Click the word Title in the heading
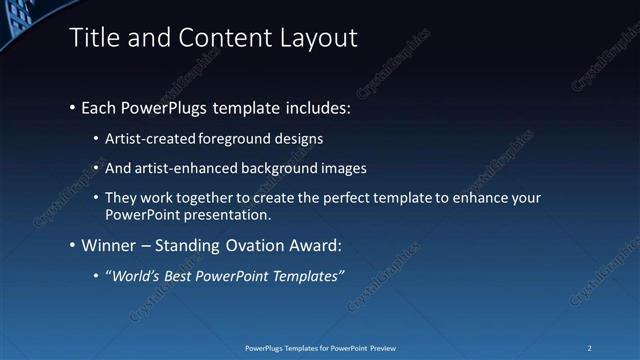pyautogui.click(x=92, y=38)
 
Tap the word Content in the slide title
pyautogui.click(x=219, y=38)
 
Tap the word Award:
pyautogui.click(x=316, y=245)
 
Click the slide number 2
pyautogui.click(x=591, y=348)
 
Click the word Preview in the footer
pyautogui.click(x=389, y=348)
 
